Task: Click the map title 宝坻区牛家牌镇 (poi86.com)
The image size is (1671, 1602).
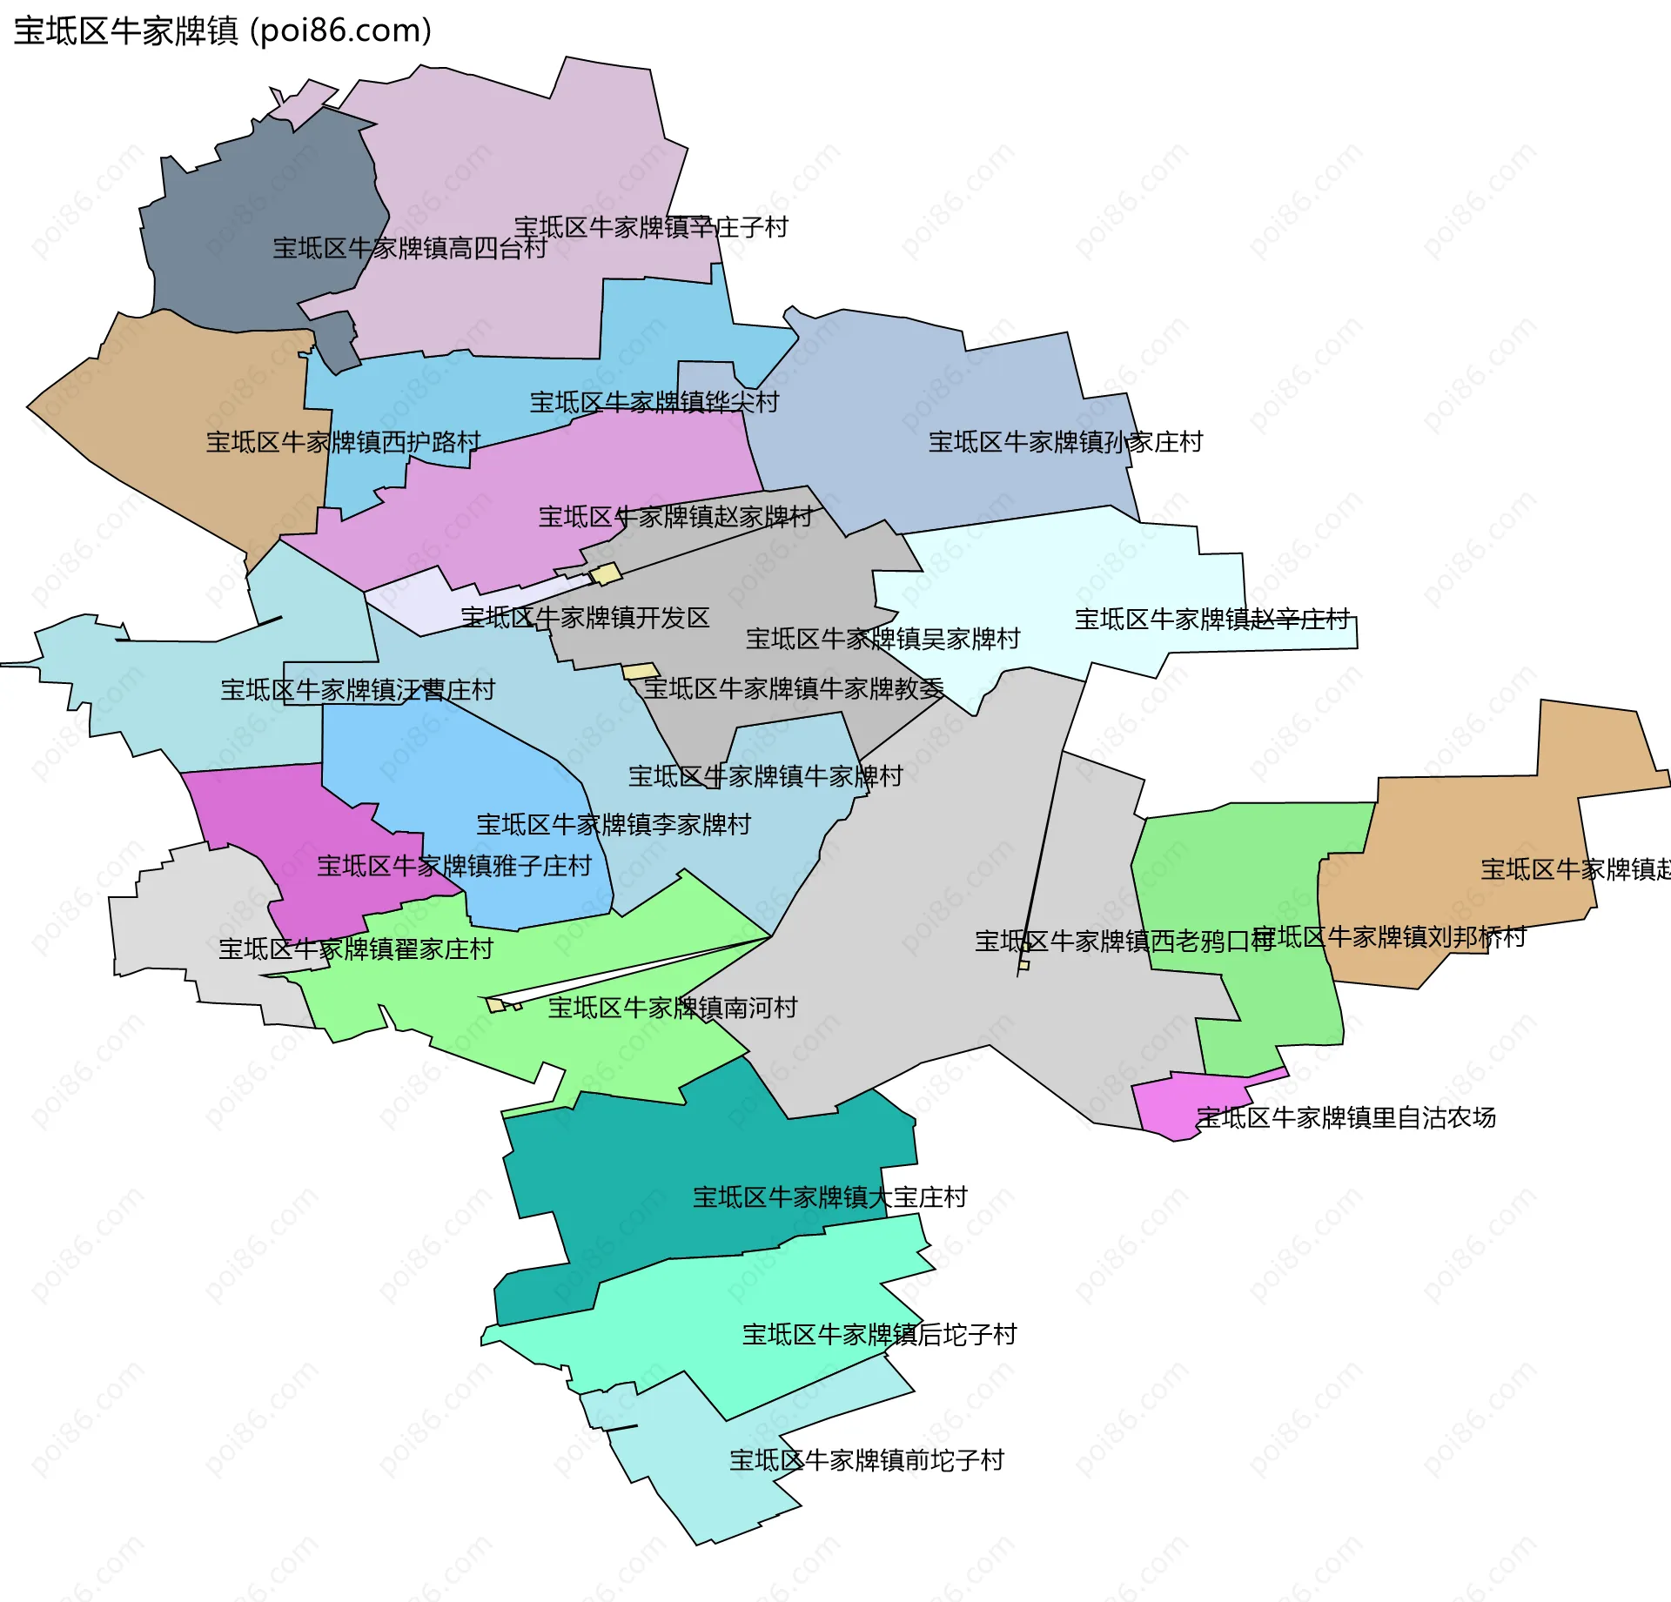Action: point(223,30)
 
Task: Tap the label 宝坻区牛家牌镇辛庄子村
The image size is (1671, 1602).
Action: point(651,227)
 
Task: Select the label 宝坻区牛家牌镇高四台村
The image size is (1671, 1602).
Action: point(410,248)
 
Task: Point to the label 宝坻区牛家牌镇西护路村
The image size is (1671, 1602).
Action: point(343,442)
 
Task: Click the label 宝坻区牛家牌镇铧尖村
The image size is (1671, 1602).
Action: point(654,402)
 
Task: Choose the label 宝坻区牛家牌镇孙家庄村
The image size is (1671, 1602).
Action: point(1065,442)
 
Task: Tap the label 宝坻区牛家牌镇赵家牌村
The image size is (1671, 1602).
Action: point(675,517)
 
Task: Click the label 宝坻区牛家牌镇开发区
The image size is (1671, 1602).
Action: point(585,618)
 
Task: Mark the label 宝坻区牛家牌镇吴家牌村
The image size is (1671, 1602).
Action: point(882,639)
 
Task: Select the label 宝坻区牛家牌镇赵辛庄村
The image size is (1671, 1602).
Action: point(1211,620)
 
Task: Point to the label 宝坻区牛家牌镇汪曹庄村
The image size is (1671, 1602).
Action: point(358,690)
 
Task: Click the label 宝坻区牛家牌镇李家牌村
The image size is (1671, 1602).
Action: point(614,824)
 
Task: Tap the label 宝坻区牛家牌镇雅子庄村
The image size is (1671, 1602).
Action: point(453,866)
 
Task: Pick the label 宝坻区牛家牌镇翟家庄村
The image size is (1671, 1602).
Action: point(356,948)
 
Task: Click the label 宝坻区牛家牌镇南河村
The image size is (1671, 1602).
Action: point(673,1008)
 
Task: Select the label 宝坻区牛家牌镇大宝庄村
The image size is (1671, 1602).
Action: point(830,1197)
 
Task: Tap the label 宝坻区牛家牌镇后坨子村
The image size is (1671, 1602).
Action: point(879,1335)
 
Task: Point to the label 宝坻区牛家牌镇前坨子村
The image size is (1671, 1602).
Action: point(867,1460)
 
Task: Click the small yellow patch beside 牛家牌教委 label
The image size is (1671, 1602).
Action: point(640,671)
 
